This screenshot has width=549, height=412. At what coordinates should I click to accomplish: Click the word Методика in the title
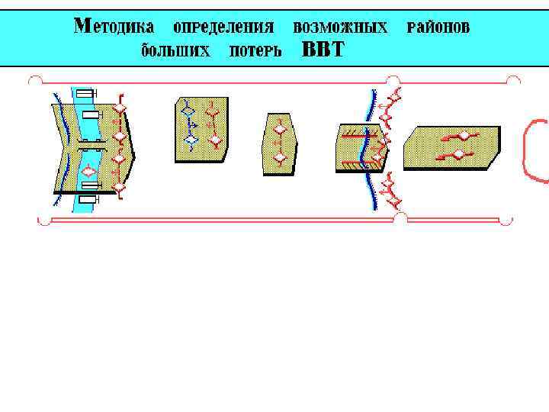114,27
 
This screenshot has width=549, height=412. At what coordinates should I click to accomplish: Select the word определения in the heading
223,27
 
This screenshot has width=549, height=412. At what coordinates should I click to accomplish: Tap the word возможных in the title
340,27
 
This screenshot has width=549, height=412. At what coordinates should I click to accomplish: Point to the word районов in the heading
438,27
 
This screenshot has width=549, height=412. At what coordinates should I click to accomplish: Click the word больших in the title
175,51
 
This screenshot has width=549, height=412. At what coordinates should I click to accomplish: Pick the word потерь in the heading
255,51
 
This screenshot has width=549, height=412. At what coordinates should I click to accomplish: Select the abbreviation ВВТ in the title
323,51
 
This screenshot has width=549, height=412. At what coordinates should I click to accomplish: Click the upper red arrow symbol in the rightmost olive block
457,137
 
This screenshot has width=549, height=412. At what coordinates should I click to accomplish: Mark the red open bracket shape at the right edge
535,150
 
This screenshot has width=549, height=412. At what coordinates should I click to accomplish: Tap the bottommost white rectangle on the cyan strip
88,199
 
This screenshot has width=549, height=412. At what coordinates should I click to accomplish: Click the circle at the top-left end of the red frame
34,79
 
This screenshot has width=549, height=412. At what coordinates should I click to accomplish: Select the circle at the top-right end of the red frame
514,80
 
